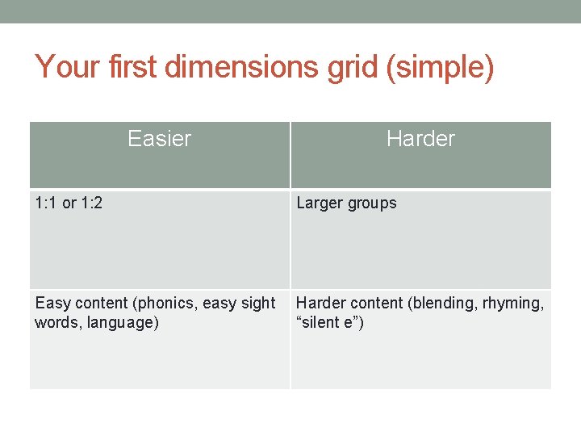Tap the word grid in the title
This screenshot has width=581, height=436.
353,69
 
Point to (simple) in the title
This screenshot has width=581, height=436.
441,69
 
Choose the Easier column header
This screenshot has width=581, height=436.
159,139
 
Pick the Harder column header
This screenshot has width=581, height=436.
420,139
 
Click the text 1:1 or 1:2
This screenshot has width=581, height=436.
69,203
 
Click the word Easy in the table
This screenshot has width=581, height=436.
53,304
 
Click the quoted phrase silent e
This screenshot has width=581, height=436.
329,323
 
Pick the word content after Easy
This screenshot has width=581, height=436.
102,304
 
